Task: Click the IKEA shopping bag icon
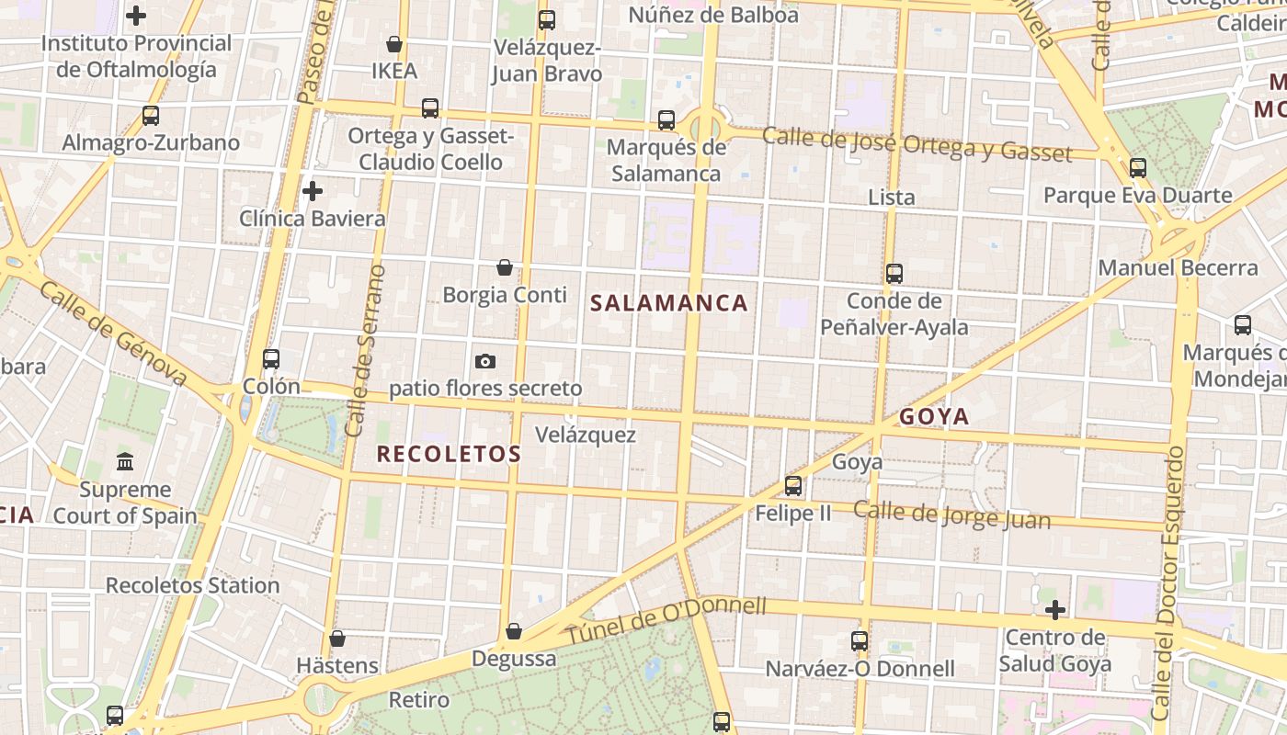(x=394, y=44)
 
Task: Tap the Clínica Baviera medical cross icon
(x=313, y=191)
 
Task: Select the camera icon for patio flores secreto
(x=485, y=361)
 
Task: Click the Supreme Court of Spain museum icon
(x=125, y=461)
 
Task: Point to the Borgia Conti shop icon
(x=504, y=267)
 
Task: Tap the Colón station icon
(x=271, y=358)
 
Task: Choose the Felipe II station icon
(x=792, y=486)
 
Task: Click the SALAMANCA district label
(x=668, y=303)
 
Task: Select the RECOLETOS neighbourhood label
(x=449, y=454)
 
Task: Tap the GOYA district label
(x=934, y=417)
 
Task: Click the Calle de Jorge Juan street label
(x=951, y=514)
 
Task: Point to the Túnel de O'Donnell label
(x=666, y=621)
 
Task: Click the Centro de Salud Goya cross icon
(x=1055, y=609)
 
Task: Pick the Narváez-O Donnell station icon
(x=860, y=641)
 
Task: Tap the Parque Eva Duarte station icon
(x=1138, y=168)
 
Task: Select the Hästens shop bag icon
(x=337, y=639)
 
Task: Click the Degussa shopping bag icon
(x=514, y=632)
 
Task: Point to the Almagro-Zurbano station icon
(x=151, y=116)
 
